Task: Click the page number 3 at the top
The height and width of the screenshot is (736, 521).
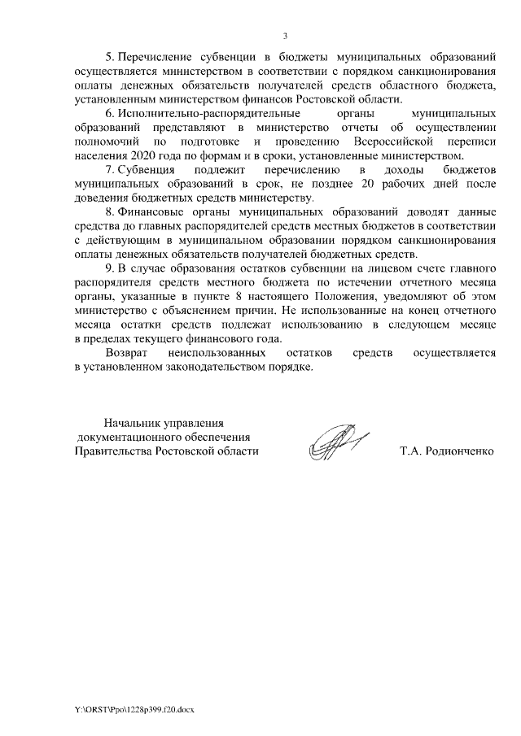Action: pyautogui.click(x=285, y=36)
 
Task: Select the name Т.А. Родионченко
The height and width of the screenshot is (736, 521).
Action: pyautogui.click(x=447, y=451)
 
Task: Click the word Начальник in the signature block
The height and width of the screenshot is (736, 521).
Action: pyautogui.click(x=132, y=423)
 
